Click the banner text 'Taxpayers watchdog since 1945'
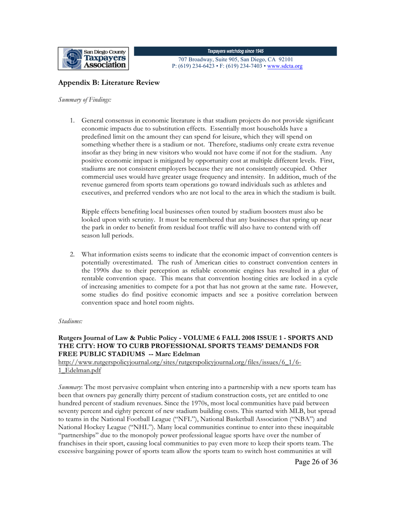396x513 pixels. point(236,51)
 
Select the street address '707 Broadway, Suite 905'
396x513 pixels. point(207,60)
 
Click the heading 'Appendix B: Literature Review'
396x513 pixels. point(109,83)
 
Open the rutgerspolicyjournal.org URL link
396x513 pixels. point(180,362)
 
